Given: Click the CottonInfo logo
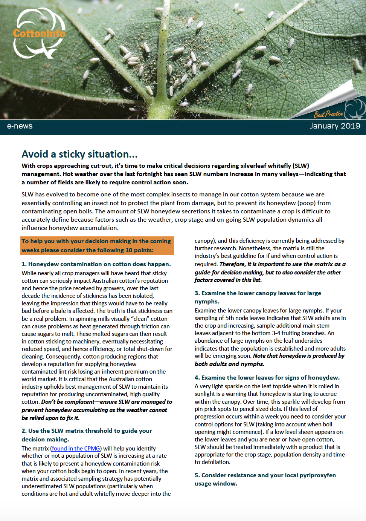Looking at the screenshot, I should point(39,34).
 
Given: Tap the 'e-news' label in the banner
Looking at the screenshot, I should point(20,126).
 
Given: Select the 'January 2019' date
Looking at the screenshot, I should point(335,126).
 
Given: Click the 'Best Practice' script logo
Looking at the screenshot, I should point(328,114).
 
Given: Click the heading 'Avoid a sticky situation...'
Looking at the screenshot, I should point(79,154).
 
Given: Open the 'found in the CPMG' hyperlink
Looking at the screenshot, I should point(76,448).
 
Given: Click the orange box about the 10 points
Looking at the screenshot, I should point(97,245).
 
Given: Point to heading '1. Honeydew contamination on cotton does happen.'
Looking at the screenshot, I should point(96,264).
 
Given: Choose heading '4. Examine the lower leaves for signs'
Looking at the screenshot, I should point(267,377).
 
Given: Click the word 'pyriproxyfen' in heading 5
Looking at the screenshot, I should point(317,475).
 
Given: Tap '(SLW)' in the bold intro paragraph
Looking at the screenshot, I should point(301,165).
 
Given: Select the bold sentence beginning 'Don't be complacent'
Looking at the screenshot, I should point(97,410).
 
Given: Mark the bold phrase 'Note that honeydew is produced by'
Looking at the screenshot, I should point(299,356).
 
